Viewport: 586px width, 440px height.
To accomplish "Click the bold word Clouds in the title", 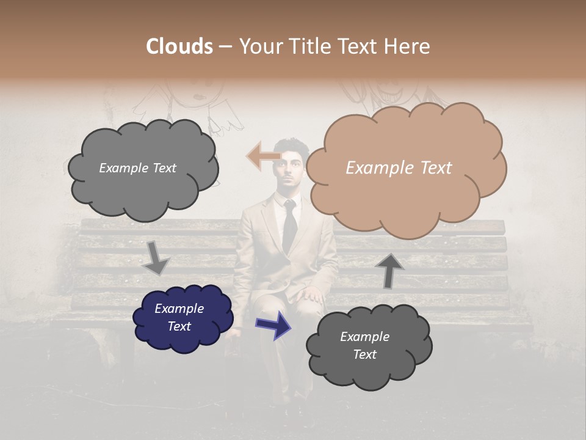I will pyautogui.click(x=179, y=46).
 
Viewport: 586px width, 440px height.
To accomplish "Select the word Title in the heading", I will pyautogui.click(x=307, y=46).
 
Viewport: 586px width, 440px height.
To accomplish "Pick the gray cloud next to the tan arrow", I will pyautogui.click(x=142, y=168).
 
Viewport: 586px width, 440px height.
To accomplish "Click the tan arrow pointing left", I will pyautogui.click(x=262, y=155).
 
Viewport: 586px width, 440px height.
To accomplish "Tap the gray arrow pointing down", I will pyautogui.click(x=157, y=257).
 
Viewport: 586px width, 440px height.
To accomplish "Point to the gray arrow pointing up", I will pyautogui.click(x=389, y=270).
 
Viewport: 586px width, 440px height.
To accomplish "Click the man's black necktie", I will pyautogui.click(x=289, y=226).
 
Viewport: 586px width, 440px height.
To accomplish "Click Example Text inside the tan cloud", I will pyautogui.click(x=399, y=168).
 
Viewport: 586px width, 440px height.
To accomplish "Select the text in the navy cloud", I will pyautogui.click(x=179, y=317).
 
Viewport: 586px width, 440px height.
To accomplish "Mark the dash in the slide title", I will pyautogui.click(x=225, y=47).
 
